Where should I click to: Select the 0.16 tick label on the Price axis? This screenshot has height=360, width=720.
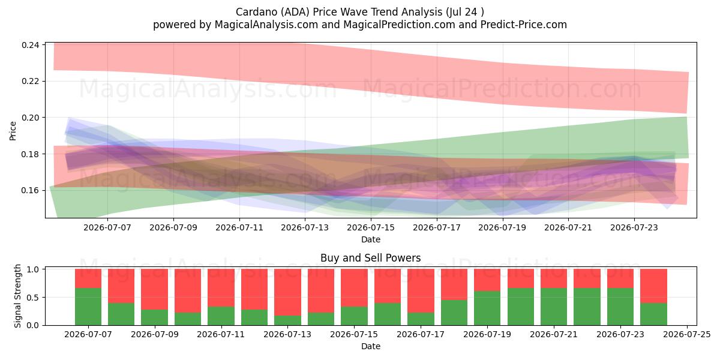(30, 191)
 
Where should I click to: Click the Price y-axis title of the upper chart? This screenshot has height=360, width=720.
(13, 131)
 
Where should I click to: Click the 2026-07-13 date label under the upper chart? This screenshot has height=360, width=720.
(305, 227)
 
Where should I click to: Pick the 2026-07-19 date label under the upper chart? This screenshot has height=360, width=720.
(502, 227)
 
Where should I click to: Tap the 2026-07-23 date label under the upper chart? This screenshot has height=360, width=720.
(634, 227)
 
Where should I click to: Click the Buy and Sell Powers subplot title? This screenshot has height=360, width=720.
(371, 258)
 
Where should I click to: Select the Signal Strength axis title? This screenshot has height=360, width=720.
(17, 296)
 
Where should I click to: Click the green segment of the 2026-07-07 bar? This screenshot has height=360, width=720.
(88, 307)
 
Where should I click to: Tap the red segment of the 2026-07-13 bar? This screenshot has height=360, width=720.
(287, 292)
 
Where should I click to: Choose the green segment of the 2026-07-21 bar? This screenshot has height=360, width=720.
(554, 307)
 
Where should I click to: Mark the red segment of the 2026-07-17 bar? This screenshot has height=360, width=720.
(421, 290)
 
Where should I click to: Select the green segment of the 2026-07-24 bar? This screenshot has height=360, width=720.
(653, 314)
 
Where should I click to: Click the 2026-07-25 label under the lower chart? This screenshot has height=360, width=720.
(687, 334)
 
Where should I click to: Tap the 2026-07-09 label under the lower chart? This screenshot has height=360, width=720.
(155, 334)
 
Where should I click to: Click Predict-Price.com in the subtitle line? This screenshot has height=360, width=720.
(524, 25)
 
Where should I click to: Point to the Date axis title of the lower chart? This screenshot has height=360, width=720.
(371, 347)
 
